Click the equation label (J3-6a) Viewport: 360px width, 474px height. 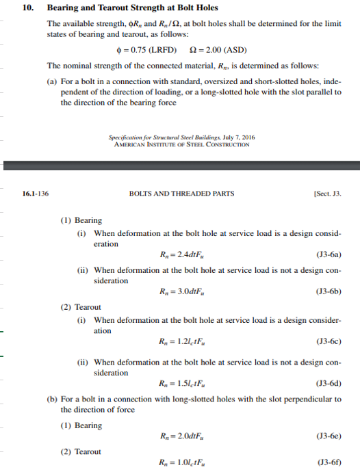[x=329, y=256]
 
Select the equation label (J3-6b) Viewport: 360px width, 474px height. [x=329, y=291]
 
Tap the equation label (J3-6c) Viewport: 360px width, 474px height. [x=329, y=341]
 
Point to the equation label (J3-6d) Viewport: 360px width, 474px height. [x=329, y=384]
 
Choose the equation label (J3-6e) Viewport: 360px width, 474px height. [x=329, y=436]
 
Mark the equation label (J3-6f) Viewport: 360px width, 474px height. [x=329, y=462]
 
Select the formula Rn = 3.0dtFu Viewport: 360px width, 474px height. [x=181, y=291]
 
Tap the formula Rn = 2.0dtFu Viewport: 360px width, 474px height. [x=181, y=436]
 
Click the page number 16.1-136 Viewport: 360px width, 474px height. [x=36, y=194]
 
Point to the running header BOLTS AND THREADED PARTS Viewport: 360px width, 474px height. [x=181, y=194]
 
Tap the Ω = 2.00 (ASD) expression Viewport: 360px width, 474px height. [x=218, y=51]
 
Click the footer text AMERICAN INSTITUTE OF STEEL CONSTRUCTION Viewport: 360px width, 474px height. [x=181, y=145]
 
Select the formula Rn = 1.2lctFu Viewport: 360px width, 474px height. [x=181, y=341]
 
